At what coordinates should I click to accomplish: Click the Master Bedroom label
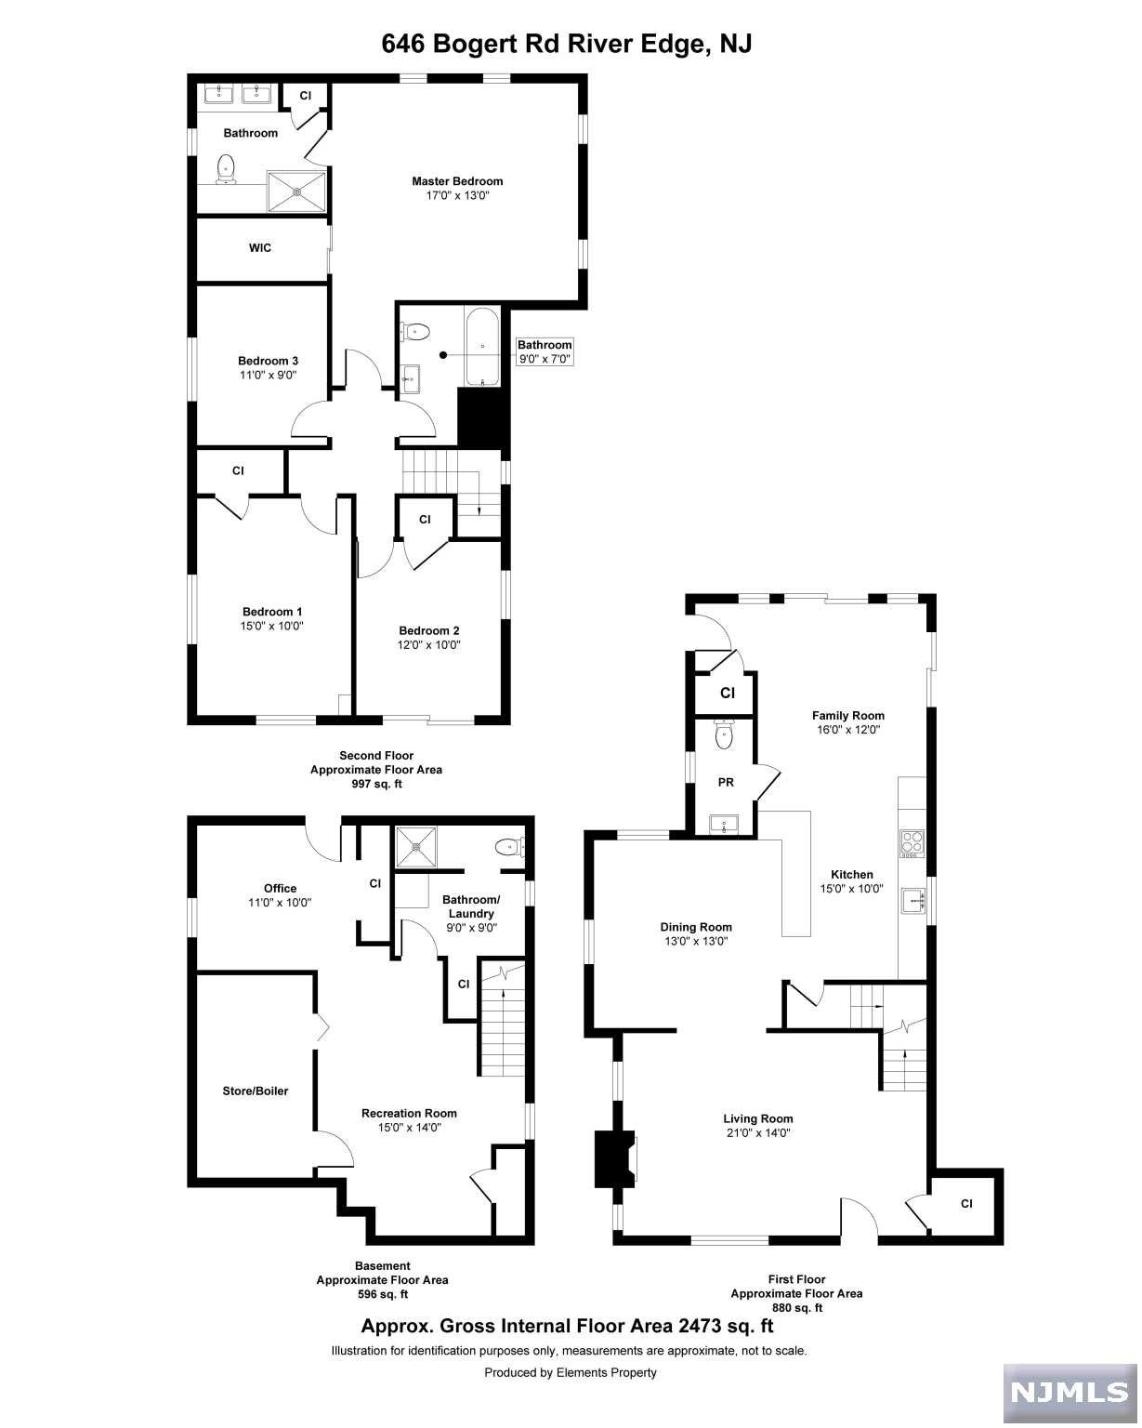[x=457, y=181]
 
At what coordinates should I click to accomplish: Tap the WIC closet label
[x=260, y=248]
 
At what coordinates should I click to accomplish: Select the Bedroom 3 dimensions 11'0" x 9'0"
[x=269, y=376]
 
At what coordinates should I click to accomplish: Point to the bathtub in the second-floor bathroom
[x=482, y=347]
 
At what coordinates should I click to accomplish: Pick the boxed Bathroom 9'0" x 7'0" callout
[x=545, y=351]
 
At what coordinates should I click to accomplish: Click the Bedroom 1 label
[x=272, y=611]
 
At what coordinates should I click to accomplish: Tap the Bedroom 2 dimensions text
[x=430, y=644]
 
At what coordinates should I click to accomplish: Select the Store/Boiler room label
[x=256, y=1091]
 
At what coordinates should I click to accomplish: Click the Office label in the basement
[x=280, y=888]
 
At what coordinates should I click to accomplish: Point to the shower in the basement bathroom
[x=417, y=846]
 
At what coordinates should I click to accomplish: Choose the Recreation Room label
[x=409, y=1113]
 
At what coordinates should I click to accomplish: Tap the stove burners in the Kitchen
[x=911, y=842]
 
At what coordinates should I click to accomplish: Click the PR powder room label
[x=726, y=783]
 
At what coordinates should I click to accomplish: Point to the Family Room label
[x=847, y=715]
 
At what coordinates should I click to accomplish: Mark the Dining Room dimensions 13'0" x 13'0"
[x=696, y=941]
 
